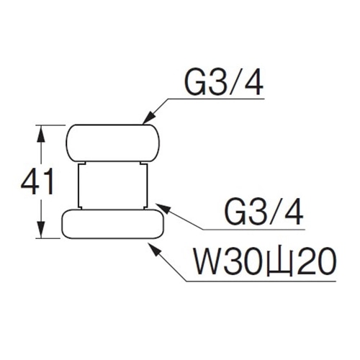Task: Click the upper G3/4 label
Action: tap(224, 83)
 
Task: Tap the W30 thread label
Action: tap(265, 261)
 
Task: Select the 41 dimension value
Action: tap(37, 181)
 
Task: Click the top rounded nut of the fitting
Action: tap(113, 143)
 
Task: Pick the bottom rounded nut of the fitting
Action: tap(113, 224)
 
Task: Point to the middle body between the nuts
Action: tap(113, 185)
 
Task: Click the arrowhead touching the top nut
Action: tap(149, 117)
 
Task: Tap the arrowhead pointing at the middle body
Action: tap(163, 208)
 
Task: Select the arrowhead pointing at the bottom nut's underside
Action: tap(154, 249)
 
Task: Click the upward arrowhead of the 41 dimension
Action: tap(41, 133)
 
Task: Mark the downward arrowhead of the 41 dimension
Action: tap(41, 230)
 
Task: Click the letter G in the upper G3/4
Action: tap(195, 83)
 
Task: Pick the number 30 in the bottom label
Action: tap(245, 261)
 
